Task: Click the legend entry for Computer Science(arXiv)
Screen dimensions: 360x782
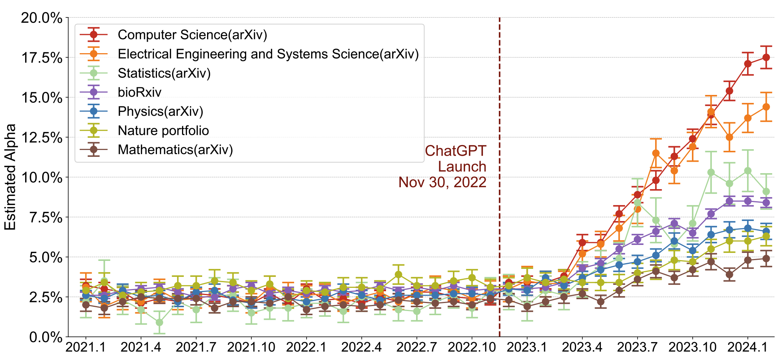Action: [192, 35]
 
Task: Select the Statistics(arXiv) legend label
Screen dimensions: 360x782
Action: [164, 73]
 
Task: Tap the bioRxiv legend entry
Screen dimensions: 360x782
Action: [139, 92]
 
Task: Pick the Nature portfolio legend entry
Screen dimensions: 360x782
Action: [163, 131]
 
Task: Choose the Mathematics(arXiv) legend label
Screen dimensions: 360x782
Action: [175, 150]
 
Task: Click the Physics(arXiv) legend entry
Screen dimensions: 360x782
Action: [160, 111]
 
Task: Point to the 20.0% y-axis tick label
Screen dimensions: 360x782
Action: [41, 18]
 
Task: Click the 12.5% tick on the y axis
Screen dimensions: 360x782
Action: [41, 137]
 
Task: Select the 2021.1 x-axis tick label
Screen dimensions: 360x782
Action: [86, 347]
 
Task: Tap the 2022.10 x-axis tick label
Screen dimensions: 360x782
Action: [472, 347]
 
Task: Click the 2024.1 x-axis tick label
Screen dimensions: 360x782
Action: [748, 347]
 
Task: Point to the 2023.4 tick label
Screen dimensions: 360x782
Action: [582, 347]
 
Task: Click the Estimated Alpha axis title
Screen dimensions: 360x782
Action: [10, 177]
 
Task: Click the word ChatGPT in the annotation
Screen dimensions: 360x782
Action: [455, 151]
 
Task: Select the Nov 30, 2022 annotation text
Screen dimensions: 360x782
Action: [442, 182]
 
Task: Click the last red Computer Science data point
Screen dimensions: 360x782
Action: [766, 57]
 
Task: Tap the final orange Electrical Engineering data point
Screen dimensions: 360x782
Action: [766, 107]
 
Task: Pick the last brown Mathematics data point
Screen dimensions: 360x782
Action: [766, 259]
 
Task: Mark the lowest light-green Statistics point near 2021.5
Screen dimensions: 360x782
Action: [160, 322]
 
